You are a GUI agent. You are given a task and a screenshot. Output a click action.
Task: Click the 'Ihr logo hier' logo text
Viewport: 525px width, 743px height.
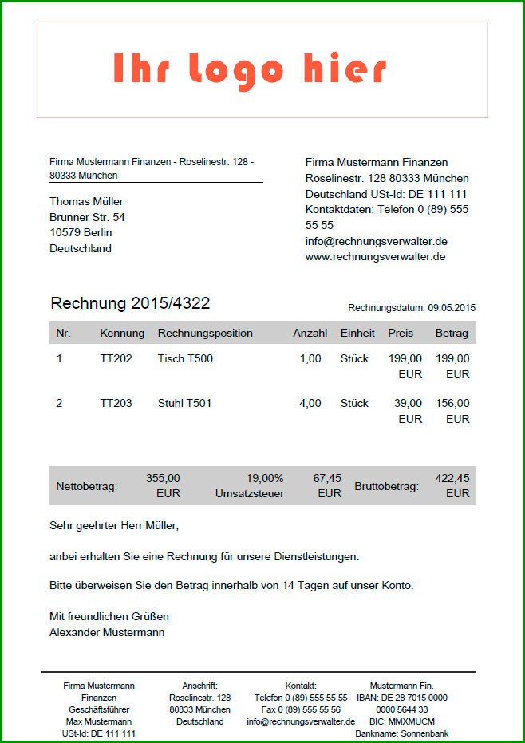click(x=250, y=70)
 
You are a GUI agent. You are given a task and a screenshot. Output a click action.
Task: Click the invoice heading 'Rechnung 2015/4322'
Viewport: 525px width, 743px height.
click(x=130, y=303)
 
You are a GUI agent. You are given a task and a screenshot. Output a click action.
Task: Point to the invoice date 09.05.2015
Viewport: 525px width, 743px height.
click(x=452, y=307)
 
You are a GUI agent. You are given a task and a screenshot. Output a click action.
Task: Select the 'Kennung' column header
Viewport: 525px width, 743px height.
click(x=122, y=333)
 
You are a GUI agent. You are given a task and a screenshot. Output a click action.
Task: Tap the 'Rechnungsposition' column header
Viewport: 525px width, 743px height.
click(x=205, y=333)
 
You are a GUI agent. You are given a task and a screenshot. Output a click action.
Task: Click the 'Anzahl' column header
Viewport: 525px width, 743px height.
click(x=310, y=333)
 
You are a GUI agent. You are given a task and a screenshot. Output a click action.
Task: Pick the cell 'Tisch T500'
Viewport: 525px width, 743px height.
click(x=185, y=358)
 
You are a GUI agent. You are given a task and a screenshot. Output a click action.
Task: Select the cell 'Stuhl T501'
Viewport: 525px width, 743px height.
click(x=184, y=403)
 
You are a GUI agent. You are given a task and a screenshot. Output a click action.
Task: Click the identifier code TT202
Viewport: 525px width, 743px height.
click(x=116, y=358)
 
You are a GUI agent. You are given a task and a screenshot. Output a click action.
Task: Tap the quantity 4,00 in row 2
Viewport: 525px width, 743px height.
click(x=310, y=403)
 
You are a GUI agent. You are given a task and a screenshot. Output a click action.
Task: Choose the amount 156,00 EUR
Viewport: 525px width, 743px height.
click(x=453, y=410)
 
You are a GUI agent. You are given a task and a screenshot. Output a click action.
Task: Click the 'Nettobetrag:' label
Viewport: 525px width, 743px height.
click(x=87, y=485)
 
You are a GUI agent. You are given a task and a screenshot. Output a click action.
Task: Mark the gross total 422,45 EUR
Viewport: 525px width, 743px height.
click(x=452, y=485)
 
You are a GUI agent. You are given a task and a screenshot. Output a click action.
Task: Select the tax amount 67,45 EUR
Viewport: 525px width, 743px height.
click(x=327, y=485)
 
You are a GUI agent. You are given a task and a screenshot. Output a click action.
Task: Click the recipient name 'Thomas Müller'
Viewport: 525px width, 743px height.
click(x=86, y=201)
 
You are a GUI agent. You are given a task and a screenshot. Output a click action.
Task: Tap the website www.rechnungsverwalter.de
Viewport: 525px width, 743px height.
click(x=375, y=257)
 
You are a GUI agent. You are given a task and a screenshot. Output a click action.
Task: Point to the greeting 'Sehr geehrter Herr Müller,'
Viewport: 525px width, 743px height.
click(x=114, y=526)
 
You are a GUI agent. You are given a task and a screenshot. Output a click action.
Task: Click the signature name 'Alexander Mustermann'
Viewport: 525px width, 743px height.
click(x=107, y=632)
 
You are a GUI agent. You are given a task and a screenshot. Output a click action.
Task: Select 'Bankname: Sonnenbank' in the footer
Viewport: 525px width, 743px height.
click(x=403, y=733)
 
